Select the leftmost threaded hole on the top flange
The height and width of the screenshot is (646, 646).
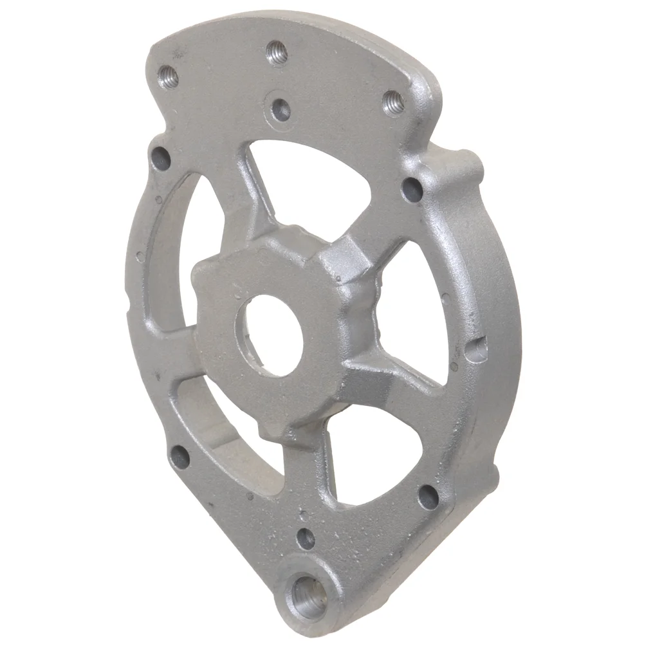point(169,76)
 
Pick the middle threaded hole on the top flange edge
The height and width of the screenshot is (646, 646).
point(277,52)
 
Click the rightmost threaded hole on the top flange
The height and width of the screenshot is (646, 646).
point(393,103)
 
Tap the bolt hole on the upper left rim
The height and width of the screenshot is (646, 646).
point(160,156)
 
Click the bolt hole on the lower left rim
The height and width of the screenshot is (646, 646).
point(180,457)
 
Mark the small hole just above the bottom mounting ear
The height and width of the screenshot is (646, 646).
point(306,537)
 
